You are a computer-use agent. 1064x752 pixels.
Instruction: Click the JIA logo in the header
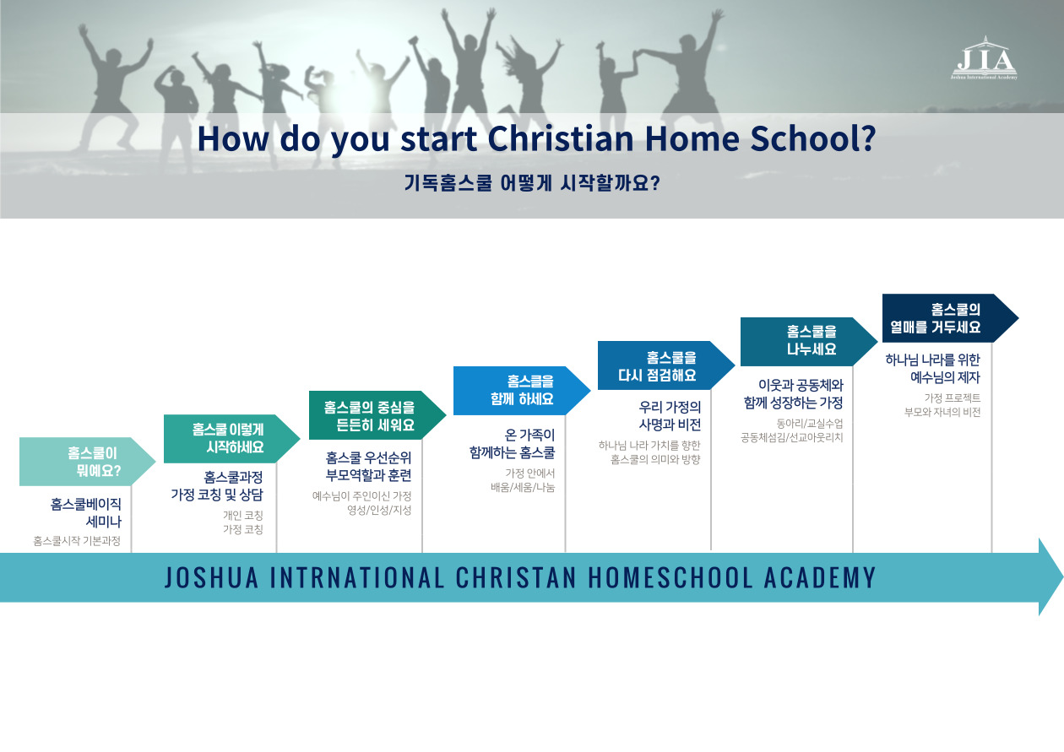[985, 58]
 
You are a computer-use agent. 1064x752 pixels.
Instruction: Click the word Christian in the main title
[561, 138]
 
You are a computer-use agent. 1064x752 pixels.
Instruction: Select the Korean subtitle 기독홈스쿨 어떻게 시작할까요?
[532, 183]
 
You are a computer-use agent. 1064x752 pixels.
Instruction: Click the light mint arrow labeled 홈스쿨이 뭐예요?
[88, 462]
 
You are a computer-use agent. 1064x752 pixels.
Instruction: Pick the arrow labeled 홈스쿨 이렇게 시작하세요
[231, 439]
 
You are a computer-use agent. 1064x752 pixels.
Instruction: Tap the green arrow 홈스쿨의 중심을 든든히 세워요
[377, 415]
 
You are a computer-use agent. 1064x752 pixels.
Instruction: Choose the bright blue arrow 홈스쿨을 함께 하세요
[522, 391]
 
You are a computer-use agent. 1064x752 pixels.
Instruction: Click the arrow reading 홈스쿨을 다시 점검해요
[666, 365]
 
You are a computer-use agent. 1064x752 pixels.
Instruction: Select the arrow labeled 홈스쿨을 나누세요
[809, 341]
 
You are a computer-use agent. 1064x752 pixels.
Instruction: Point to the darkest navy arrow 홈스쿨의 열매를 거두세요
[951, 318]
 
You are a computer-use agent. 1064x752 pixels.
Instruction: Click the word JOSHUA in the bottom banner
[212, 577]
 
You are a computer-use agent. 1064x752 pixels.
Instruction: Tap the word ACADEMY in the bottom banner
[820, 577]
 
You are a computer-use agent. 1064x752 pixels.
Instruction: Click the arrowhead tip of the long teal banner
[1062, 576]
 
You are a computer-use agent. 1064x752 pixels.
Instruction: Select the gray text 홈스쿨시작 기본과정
[77, 541]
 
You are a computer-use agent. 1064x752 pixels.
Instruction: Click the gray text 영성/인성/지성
[379, 511]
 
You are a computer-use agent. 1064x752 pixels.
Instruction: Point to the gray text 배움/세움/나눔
[523, 487]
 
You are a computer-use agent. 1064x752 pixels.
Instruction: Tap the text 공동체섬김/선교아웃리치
[792, 437]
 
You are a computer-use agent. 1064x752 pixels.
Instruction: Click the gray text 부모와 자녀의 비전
[942, 412]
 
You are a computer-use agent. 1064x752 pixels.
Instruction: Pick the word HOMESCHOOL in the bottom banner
[670, 577]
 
